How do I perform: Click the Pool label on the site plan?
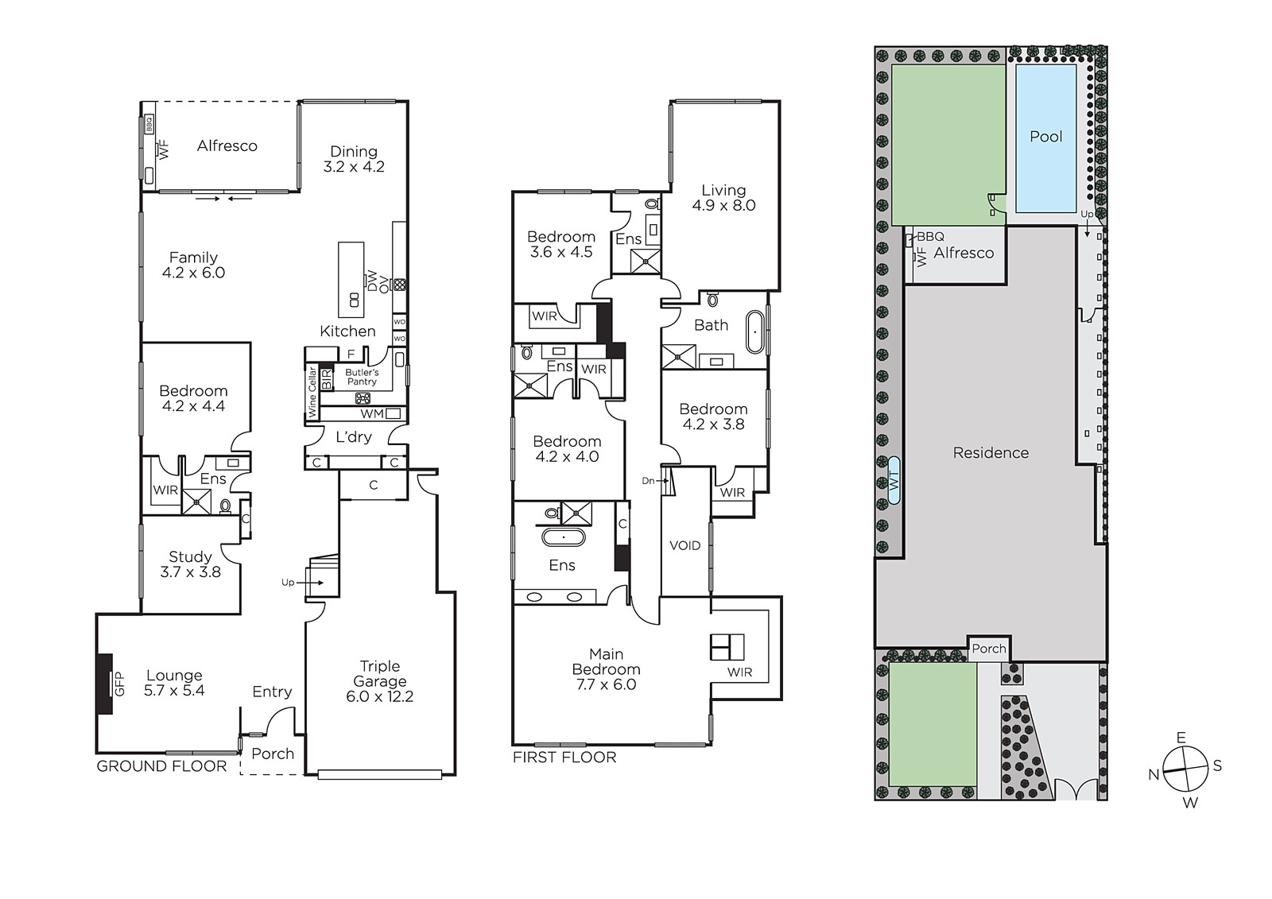[x=1046, y=137]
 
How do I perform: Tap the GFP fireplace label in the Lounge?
[x=119, y=684]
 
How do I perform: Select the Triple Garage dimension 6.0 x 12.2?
[x=380, y=696]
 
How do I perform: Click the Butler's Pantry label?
[x=362, y=377]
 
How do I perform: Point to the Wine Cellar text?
[x=312, y=393]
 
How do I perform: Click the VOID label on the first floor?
[x=684, y=546]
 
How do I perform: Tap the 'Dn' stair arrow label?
[x=648, y=481]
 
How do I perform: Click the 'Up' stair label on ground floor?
[x=288, y=582]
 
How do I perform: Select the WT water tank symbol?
[x=894, y=480]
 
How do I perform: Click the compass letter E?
[x=1181, y=738]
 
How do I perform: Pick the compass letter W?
[x=1190, y=803]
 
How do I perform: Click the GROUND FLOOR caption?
[x=162, y=766]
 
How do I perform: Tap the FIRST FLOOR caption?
[x=564, y=757]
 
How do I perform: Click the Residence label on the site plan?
[x=991, y=452]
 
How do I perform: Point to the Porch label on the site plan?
[x=989, y=649]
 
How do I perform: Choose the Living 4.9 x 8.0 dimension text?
[x=723, y=205]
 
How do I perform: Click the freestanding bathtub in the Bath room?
[x=755, y=331]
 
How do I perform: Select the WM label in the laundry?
[x=372, y=414]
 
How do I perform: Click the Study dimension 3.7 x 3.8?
[x=190, y=572]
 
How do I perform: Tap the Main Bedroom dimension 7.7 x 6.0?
[x=606, y=684]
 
